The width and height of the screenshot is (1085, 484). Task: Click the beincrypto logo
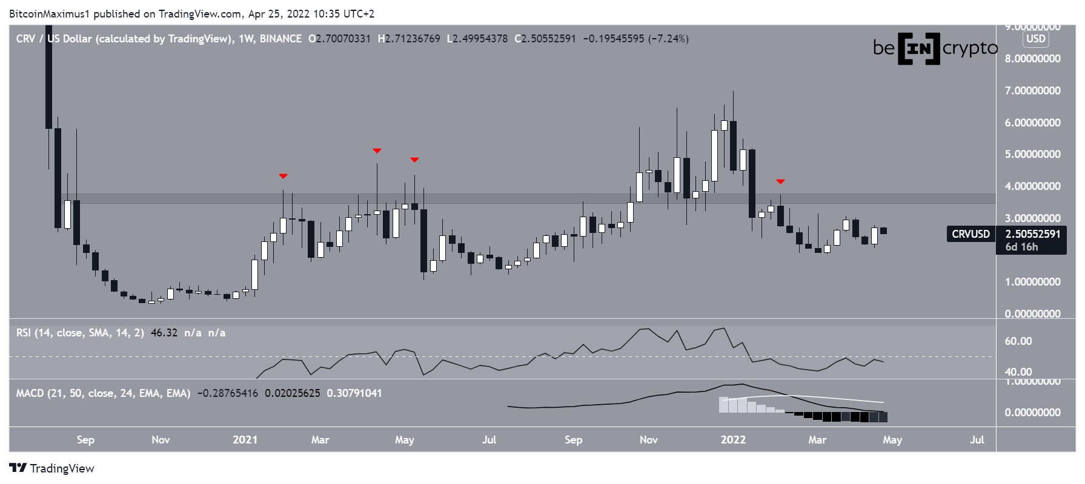[x=935, y=48]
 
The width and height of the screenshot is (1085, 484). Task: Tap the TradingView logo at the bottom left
[x=52, y=468]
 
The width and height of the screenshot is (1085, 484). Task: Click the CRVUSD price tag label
[x=971, y=234]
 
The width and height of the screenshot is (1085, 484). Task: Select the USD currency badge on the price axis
[x=1035, y=39]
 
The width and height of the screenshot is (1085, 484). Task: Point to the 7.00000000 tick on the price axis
[x=1032, y=91]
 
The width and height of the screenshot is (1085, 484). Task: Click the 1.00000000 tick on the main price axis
[x=1032, y=282]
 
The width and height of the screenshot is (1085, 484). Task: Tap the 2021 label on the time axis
[x=245, y=440]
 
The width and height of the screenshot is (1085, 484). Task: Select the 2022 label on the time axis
[x=732, y=440]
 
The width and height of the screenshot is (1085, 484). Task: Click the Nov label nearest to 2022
[x=648, y=440]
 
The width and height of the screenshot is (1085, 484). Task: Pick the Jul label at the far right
[x=977, y=440]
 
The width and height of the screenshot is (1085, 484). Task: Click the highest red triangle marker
[x=377, y=151]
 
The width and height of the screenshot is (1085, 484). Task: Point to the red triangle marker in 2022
[x=781, y=181]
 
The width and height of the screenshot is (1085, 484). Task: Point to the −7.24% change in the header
[x=668, y=39]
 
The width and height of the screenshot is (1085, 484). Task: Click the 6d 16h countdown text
[x=1021, y=247]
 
